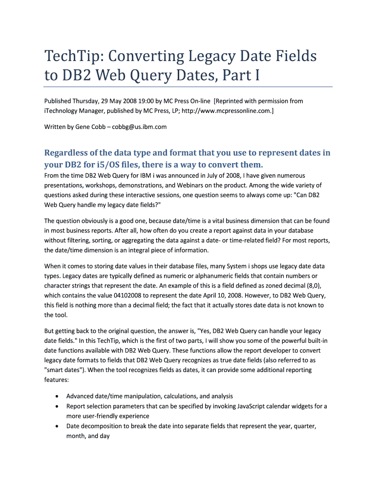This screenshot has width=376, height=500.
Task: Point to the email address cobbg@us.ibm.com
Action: (x=139, y=127)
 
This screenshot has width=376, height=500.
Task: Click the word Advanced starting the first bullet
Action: (x=82, y=396)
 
